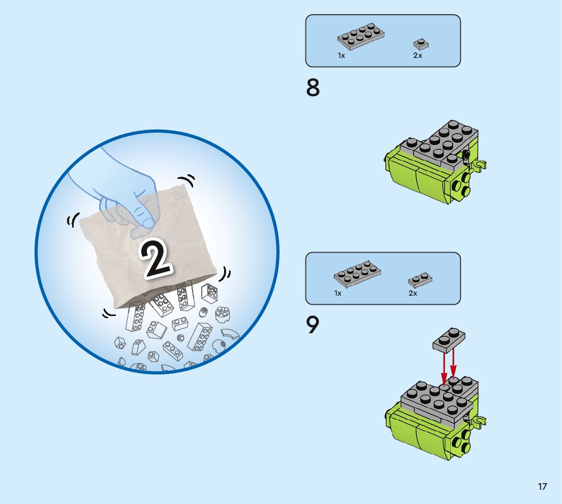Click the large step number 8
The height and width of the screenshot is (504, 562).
(x=313, y=88)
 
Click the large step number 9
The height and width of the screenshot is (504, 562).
(x=313, y=325)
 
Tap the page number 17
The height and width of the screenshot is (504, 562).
(x=542, y=486)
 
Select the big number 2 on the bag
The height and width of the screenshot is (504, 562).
(x=156, y=258)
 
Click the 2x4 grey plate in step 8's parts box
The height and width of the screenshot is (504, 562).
(x=361, y=37)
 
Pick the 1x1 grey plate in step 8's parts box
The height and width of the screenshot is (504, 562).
(x=421, y=44)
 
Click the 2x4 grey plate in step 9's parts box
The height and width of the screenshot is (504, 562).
(x=357, y=274)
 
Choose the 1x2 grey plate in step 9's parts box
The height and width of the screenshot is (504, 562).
(x=420, y=280)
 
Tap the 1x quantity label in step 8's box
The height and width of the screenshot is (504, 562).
(x=341, y=55)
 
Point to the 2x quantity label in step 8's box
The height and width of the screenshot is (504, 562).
(x=418, y=55)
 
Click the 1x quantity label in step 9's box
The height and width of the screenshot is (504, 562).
(x=337, y=293)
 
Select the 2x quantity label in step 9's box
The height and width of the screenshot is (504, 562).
(x=413, y=293)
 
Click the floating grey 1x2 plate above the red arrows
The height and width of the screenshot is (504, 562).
(x=449, y=339)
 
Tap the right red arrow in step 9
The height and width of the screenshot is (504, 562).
(x=453, y=363)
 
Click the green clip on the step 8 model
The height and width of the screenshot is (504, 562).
(x=479, y=165)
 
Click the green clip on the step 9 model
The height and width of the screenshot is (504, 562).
(x=479, y=421)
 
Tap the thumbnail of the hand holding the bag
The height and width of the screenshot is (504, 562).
(x=157, y=251)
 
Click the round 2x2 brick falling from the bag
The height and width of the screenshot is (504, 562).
(x=222, y=314)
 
